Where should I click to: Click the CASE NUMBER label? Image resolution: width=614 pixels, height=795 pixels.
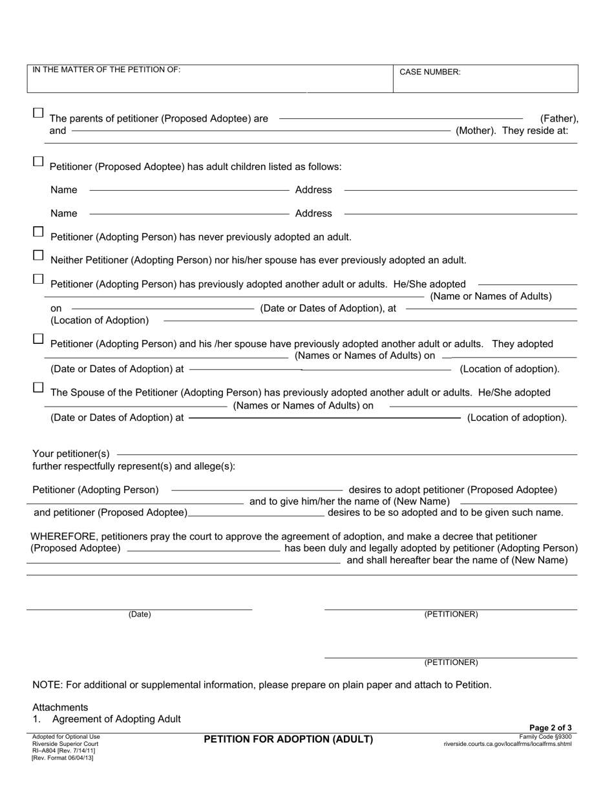click(x=430, y=72)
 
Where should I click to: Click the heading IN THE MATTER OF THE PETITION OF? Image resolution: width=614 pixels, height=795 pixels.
click(x=107, y=69)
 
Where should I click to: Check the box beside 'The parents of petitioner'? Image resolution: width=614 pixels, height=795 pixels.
click(x=38, y=113)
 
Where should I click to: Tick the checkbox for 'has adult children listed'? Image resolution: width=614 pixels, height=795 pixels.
click(x=38, y=162)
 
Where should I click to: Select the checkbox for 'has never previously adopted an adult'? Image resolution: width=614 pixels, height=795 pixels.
click(x=38, y=231)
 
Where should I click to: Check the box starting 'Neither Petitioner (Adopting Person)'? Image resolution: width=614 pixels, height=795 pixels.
click(x=38, y=255)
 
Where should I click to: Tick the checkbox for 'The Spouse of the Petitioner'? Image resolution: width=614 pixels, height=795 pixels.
click(x=38, y=388)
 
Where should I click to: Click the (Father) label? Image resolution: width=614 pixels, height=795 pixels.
click(x=559, y=119)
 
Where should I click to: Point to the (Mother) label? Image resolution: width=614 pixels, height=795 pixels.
click(x=476, y=131)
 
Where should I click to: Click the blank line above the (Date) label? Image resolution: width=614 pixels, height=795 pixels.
click(x=139, y=609)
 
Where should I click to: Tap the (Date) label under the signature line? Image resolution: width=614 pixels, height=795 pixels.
click(x=140, y=615)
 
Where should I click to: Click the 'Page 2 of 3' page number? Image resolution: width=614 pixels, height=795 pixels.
click(x=550, y=728)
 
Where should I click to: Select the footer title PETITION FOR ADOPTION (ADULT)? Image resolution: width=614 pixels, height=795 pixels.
click(x=288, y=739)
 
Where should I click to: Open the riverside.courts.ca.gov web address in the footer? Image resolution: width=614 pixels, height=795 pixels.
click(x=507, y=744)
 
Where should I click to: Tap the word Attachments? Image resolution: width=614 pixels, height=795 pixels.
click(x=60, y=707)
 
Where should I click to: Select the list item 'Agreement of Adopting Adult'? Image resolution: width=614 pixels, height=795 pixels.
click(x=116, y=719)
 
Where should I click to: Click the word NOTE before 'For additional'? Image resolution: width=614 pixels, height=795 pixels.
click(x=45, y=684)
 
